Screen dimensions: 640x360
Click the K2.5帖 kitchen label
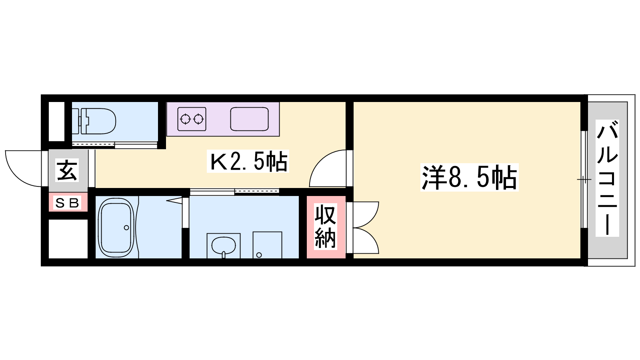coord(248,162)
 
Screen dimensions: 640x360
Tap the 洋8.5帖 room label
coord(470,177)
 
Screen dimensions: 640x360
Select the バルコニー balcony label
coord(607,178)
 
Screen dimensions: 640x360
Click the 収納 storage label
coord(325,226)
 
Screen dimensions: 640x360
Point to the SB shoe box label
coord(67,203)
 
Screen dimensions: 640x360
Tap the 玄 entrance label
coord(68,170)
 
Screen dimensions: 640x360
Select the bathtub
coord(116,227)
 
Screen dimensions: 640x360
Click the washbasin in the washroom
coord(224,245)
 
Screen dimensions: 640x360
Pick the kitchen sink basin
coord(250,119)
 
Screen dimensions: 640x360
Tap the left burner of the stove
coord(186,119)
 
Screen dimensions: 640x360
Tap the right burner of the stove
coord(198,119)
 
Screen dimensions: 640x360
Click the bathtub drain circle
coord(126,228)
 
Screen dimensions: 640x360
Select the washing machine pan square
coord(268,245)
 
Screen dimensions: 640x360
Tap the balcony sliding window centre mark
coord(584,180)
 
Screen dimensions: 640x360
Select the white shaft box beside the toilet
coord(56,122)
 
